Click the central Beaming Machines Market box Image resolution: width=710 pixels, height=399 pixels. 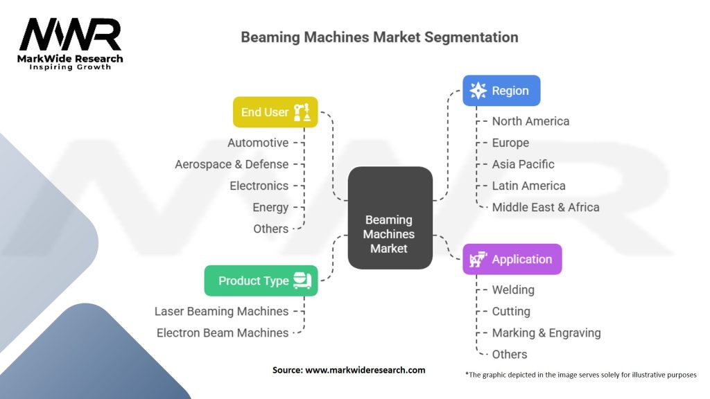pyautogui.click(x=390, y=218)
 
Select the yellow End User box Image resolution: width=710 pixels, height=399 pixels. pyautogui.click(x=275, y=112)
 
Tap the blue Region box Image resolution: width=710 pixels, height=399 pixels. pyautogui.click(x=501, y=91)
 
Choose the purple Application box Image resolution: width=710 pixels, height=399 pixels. pyautogui.click(x=512, y=260)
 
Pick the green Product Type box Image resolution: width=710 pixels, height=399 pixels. pyautogui.click(x=261, y=281)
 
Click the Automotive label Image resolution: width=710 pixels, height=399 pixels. pyautogui.click(x=258, y=143)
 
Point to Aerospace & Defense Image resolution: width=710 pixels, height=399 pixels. pyautogui.click(x=232, y=164)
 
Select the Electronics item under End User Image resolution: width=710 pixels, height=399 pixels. pyautogui.click(x=259, y=186)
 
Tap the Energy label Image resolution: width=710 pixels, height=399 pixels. pyautogui.click(x=270, y=207)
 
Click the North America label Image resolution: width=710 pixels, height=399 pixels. pyautogui.click(x=530, y=121)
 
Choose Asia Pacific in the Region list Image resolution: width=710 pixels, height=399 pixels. pyautogui.click(x=523, y=164)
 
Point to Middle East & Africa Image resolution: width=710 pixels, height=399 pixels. pyautogui.click(x=546, y=207)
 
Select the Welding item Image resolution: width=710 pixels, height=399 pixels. pyautogui.click(x=513, y=290)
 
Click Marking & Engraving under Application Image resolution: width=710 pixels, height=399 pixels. pyautogui.click(x=546, y=332)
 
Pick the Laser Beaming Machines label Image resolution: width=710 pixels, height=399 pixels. pyautogui.click(x=221, y=311)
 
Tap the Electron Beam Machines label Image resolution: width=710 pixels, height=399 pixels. pyautogui.click(x=223, y=332)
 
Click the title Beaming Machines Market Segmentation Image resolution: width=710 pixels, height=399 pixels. pyautogui.click(x=379, y=37)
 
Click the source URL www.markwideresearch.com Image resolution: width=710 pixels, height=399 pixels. pyautogui.click(x=365, y=370)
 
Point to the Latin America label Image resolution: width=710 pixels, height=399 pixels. pyautogui.click(x=528, y=186)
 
